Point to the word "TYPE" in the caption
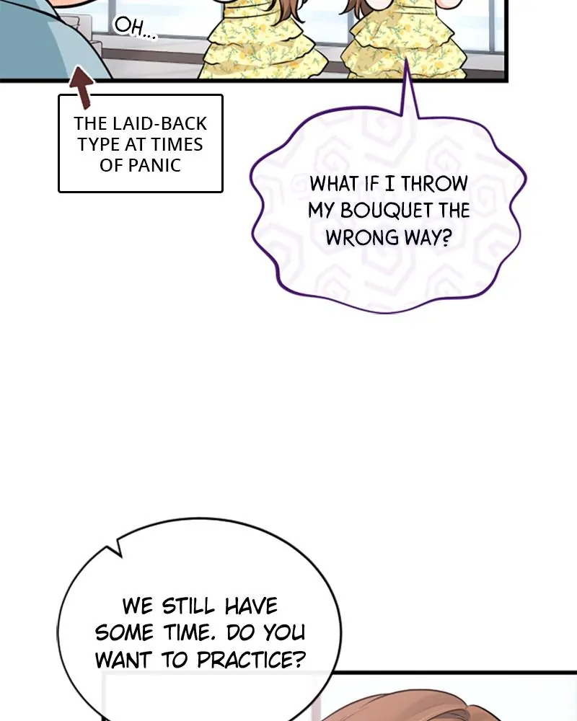point(98,144)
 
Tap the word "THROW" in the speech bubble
point(434,184)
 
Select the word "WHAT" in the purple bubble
point(334,184)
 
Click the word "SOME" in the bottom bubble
point(123,632)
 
